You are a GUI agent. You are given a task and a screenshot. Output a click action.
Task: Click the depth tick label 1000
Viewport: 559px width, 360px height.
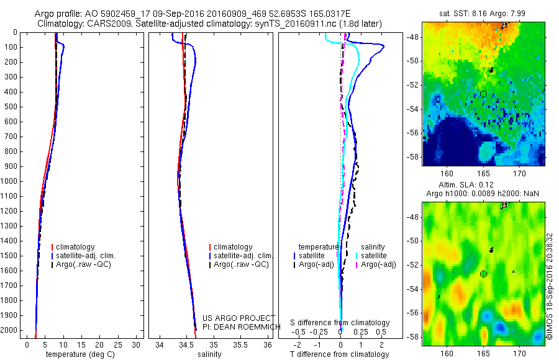[x=9, y=181]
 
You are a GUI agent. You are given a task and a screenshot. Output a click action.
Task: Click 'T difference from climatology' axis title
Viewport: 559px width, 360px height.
[x=339, y=354]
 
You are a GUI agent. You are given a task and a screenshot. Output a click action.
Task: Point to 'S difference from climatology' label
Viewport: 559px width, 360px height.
[x=340, y=323]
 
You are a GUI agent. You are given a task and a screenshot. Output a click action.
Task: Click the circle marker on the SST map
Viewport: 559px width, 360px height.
[x=483, y=94]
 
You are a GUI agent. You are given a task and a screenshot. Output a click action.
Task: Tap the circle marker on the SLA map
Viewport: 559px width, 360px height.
[x=483, y=274]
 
